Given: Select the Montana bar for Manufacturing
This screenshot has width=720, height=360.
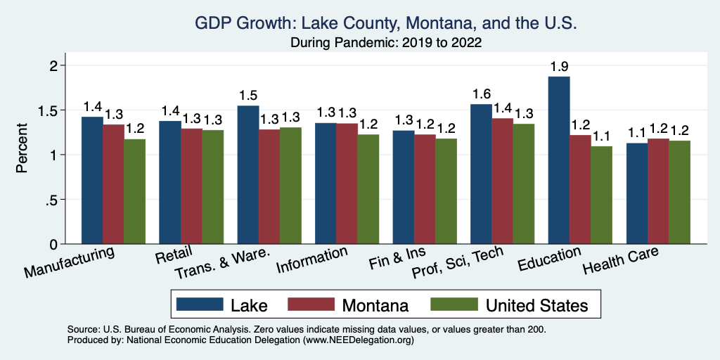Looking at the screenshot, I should (114, 184).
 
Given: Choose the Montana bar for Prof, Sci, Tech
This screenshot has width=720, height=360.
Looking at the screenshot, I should (502, 181).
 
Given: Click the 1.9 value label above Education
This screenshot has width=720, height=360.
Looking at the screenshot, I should (559, 67).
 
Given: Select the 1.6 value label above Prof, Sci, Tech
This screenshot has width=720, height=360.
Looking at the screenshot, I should (482, 95).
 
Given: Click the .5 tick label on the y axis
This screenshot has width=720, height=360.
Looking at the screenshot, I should (51, 200).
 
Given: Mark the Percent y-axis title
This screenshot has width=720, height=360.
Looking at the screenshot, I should (22, 148).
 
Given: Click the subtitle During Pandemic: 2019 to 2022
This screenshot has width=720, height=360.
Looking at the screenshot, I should (386, 42).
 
